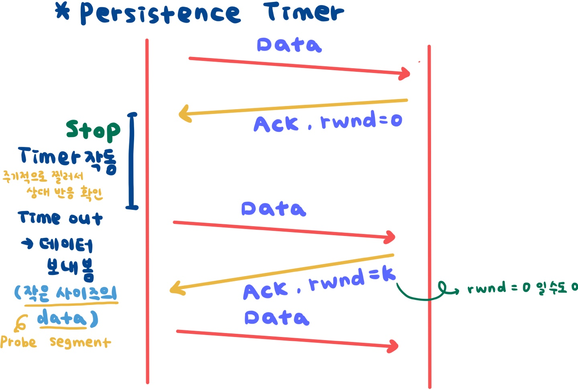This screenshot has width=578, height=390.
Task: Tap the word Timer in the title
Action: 304,12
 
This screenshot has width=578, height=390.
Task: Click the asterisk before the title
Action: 63,11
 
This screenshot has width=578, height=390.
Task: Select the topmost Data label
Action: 289,45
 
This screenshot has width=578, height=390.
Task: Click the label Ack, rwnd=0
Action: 328,122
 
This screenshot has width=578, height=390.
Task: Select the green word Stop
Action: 93,130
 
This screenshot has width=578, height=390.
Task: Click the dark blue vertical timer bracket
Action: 132,160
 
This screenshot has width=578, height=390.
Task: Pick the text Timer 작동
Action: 67,159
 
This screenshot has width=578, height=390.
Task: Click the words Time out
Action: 60,218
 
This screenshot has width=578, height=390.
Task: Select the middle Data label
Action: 274,209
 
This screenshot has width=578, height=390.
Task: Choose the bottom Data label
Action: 277,318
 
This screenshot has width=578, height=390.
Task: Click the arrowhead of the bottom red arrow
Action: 393,346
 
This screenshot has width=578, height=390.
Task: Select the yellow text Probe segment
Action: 55,342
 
